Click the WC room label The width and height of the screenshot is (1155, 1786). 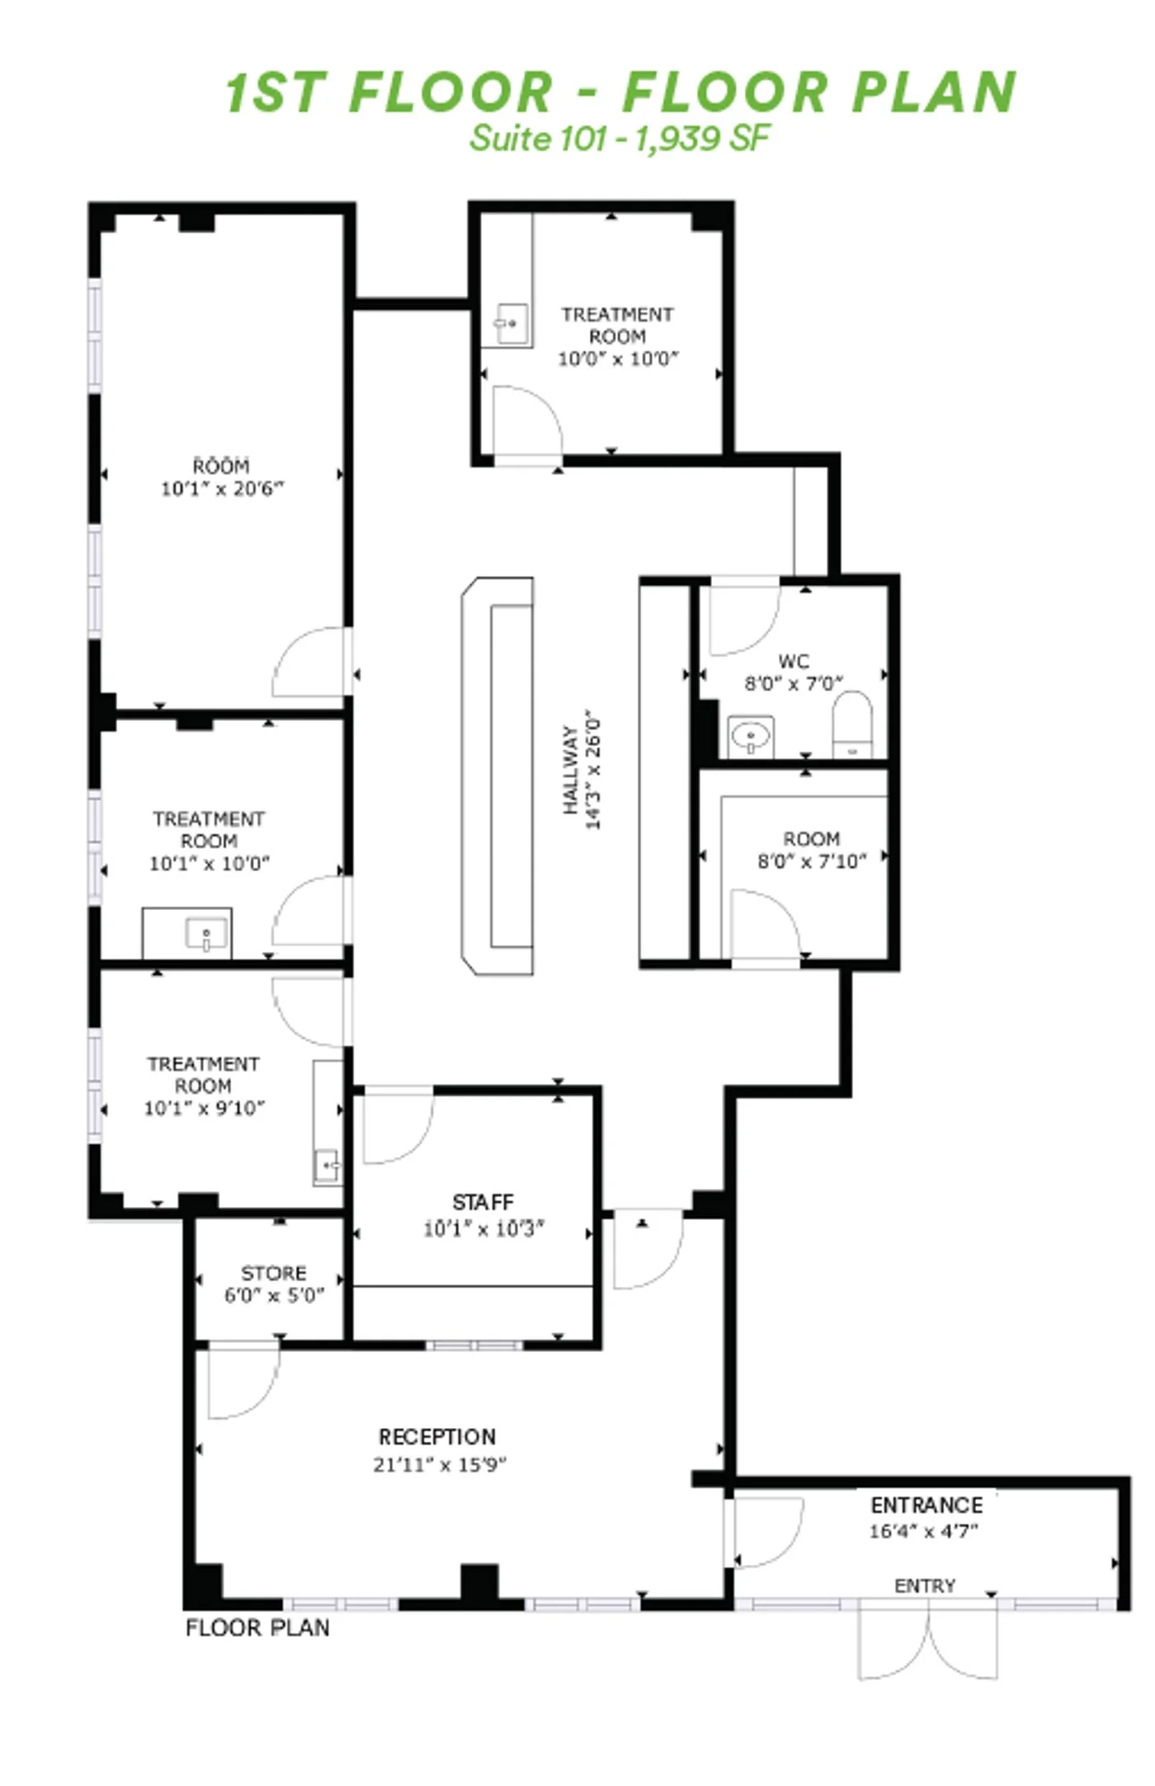coord(794,661)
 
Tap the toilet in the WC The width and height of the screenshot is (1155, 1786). coord(852,724)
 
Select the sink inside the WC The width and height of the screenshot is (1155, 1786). coord(751,735)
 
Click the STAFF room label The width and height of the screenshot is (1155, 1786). coord(483,1202)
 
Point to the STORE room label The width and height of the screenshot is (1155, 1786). coord(274,1273)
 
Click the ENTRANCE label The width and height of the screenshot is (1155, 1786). coord(926,1506)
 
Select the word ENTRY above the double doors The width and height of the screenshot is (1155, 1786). coord(925,1586)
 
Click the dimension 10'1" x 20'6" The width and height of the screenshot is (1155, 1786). coord(222,488)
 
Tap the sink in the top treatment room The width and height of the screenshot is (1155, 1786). coord(510,323)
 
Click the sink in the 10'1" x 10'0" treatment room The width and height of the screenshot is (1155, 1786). coord(206,935)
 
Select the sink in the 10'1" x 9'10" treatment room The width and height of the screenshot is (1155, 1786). coord(328,1166)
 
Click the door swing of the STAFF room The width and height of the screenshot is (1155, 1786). coord(398,1126)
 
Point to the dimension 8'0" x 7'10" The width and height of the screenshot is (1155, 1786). coord(812,861)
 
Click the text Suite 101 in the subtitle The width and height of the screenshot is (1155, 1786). coord(538,138)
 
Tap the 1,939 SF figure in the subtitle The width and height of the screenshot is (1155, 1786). coord(702,138)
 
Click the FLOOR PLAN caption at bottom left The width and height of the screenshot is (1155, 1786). coord(257,1628)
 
